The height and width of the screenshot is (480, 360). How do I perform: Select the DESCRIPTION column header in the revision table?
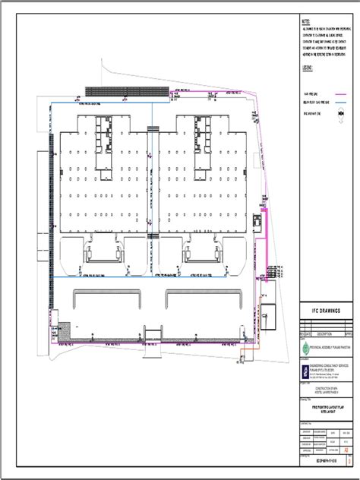[x=319, y=333]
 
